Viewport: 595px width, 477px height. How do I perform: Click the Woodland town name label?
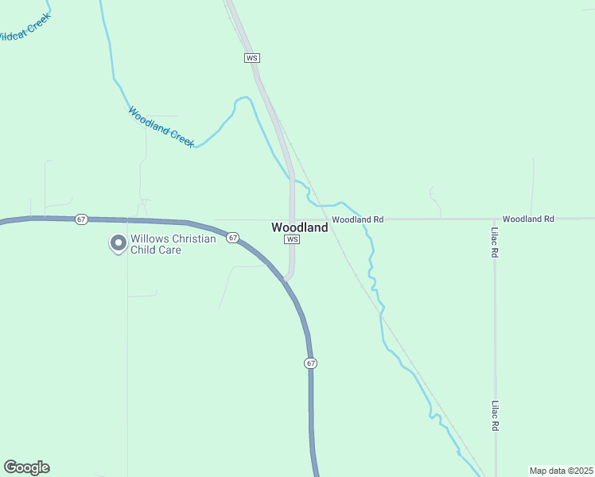(x=299, y=227)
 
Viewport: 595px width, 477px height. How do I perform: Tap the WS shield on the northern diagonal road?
(x=252, y=58)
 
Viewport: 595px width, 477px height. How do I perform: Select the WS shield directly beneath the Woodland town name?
(x=292, y=239)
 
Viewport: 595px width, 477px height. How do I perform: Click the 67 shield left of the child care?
(x=81, y=219)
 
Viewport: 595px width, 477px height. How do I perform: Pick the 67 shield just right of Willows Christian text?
(x=231, y=237)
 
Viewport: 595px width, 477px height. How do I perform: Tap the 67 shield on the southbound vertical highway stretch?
(x=310, y=363)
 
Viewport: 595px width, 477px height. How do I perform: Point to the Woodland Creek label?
(x=161, y=126)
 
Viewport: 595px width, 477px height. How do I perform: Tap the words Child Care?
(x=156, y=250)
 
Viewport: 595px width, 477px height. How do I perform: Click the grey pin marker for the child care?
(x=118, y=243)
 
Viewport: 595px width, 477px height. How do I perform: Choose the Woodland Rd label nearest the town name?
(x=358, y=219)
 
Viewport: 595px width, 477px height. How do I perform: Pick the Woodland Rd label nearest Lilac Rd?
(x=528, y=219)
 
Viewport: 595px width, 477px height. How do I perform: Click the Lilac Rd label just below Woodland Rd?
(x=494, y=242)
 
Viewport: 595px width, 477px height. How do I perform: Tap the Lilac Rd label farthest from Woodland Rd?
(x=494, y=415)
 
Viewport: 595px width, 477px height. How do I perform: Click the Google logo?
(x=26, y=467)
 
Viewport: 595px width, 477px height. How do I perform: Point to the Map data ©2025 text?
(x=560, y=471)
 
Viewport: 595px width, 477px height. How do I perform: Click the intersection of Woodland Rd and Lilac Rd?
(x=494, y=219)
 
